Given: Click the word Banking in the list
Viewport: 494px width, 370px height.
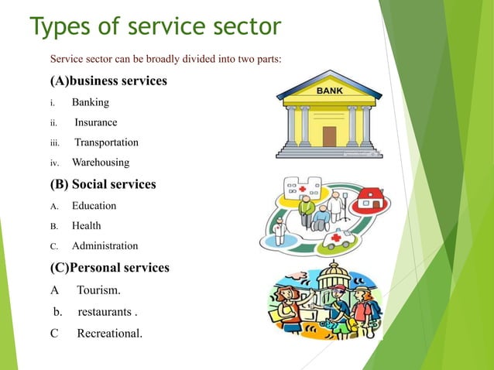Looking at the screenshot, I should (x=91, y=102).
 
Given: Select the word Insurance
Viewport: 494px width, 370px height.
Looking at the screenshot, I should (x=96, y=122).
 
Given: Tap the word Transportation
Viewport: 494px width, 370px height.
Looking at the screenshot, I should (x=106, y=142).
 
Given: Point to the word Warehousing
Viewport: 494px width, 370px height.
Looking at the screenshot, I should (x=101, y=163).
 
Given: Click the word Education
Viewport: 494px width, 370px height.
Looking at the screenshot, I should (x=94, y=206).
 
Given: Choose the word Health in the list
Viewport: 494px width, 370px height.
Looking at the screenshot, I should (x=86, y=226).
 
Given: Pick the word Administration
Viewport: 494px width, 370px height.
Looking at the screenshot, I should (x=105, y=246).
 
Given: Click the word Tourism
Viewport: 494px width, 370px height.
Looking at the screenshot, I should (x=99, y=291).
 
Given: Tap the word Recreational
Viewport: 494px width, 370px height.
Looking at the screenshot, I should (x=109, y=334).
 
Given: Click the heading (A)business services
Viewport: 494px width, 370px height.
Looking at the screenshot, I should (x=108, y=81).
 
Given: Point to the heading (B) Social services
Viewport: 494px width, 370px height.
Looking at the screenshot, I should (x=103, y=184).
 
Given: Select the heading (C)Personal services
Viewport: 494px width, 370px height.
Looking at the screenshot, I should (x=110, y=268).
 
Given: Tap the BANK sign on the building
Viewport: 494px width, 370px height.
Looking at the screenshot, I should (x=329, y=91).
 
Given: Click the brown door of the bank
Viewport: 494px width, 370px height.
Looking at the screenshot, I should (x=329, y=135).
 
